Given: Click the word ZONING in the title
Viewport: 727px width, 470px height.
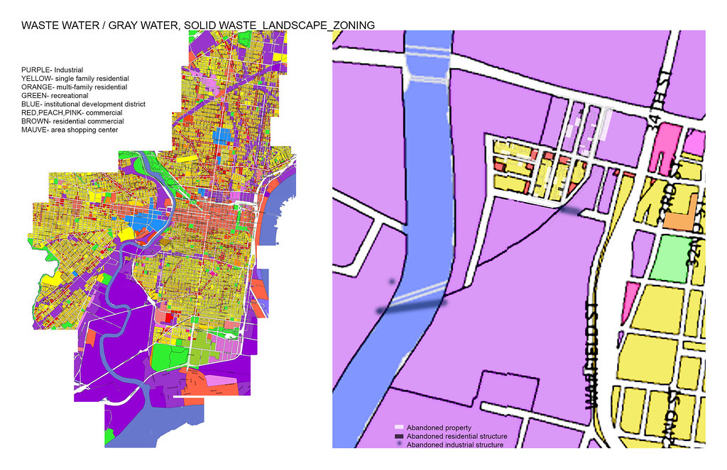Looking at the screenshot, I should (348, 26).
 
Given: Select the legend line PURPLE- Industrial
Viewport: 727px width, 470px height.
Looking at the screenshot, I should (52, 70).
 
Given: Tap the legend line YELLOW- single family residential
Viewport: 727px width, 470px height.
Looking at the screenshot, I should (75, 79).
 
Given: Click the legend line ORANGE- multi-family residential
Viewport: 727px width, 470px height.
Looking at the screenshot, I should (74, 87).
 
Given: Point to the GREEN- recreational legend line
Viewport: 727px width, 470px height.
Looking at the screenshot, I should (55, 96).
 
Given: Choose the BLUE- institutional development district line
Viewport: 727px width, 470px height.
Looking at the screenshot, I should (83, 104).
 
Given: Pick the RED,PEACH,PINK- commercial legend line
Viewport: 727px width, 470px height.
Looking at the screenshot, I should (72, 113).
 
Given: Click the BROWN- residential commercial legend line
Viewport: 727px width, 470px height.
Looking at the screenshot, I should (73, 121).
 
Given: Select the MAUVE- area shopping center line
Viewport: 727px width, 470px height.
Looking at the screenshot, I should (70, 130).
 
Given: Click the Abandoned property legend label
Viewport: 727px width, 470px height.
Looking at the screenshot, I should (434, 428).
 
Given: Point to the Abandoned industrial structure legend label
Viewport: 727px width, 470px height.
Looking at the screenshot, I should (454, 445).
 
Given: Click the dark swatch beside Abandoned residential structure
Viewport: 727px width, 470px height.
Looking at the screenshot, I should (399, 437).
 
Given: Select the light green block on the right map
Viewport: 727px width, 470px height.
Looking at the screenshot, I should (671, 259).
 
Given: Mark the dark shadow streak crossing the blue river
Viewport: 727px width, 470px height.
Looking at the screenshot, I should (412, 306).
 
